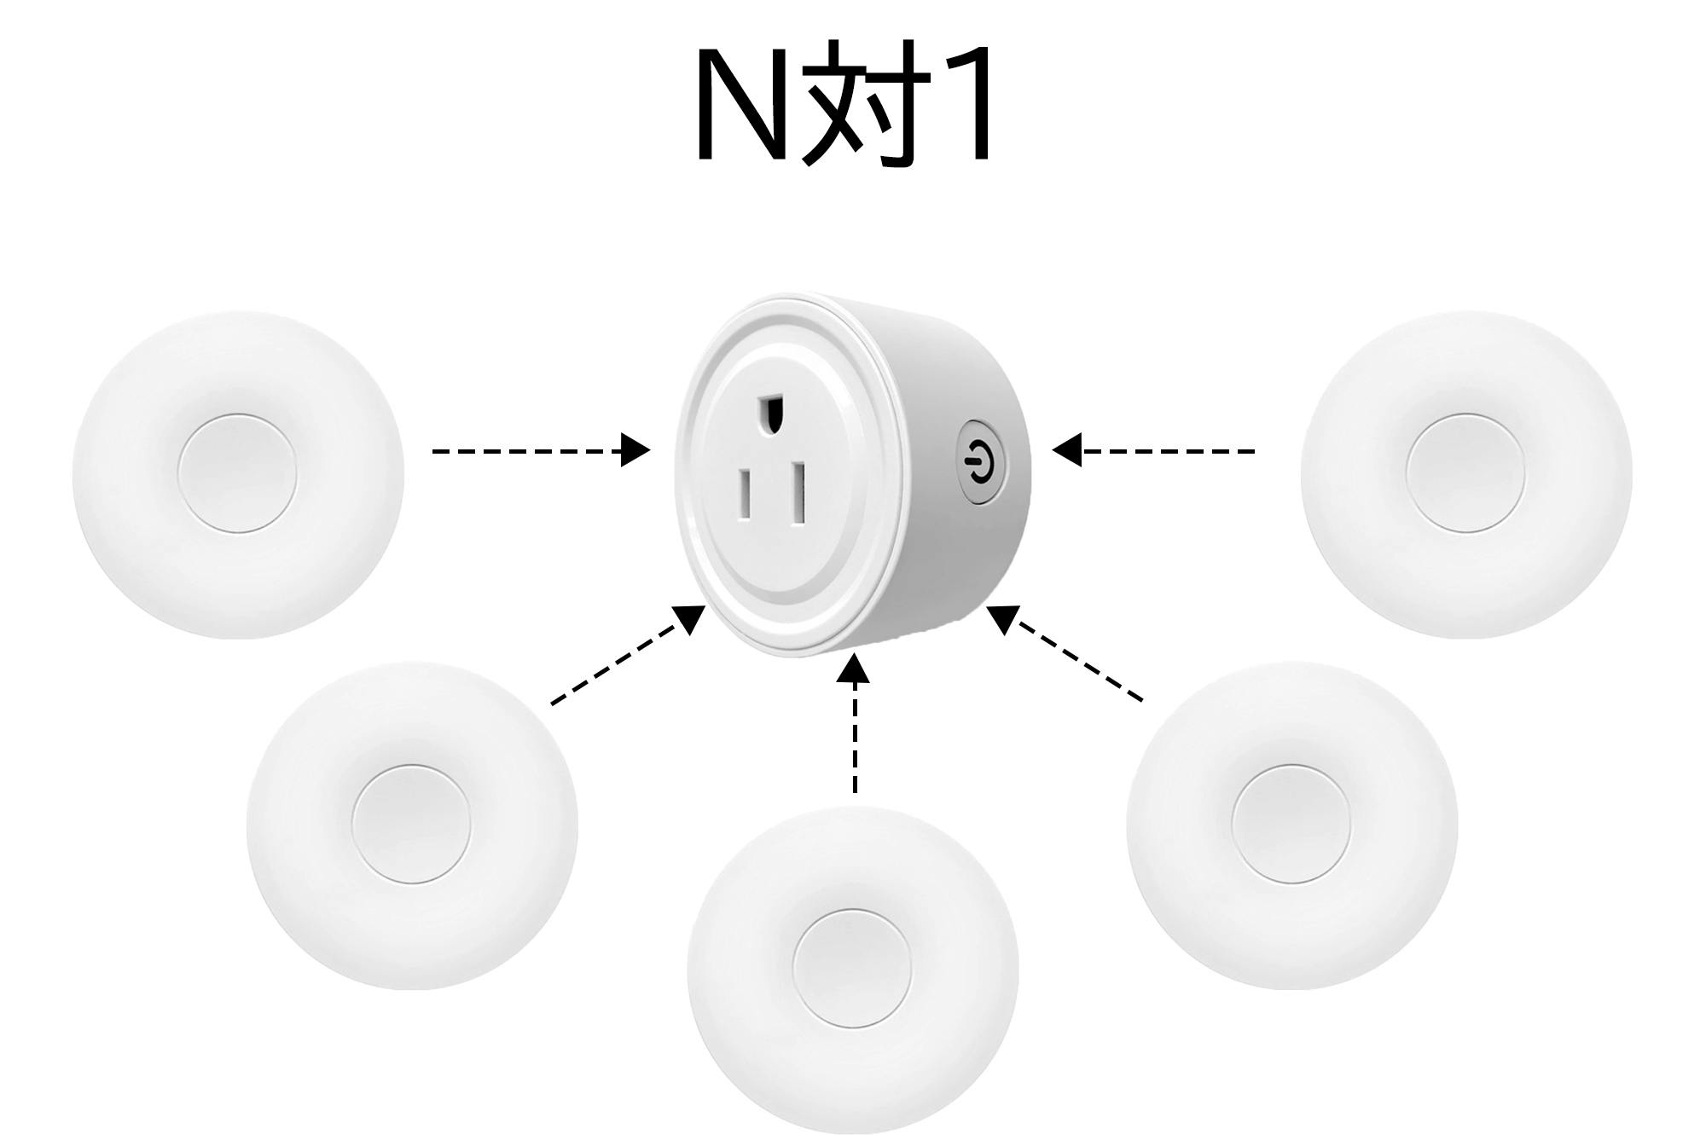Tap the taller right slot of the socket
(x=798, y=493)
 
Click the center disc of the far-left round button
(x=237, y=474)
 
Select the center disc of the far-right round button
(x=1465, y=474)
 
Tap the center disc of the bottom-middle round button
(x=852, y=969)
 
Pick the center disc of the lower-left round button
(x=411, y=824)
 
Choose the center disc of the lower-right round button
(x=1291, y=824)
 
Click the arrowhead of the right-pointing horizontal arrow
(x=635, y=450)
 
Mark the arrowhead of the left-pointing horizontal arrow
(x=1068, y=449)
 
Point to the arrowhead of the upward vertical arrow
(x=854, y=669)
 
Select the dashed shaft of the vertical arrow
(x=855, y=742)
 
